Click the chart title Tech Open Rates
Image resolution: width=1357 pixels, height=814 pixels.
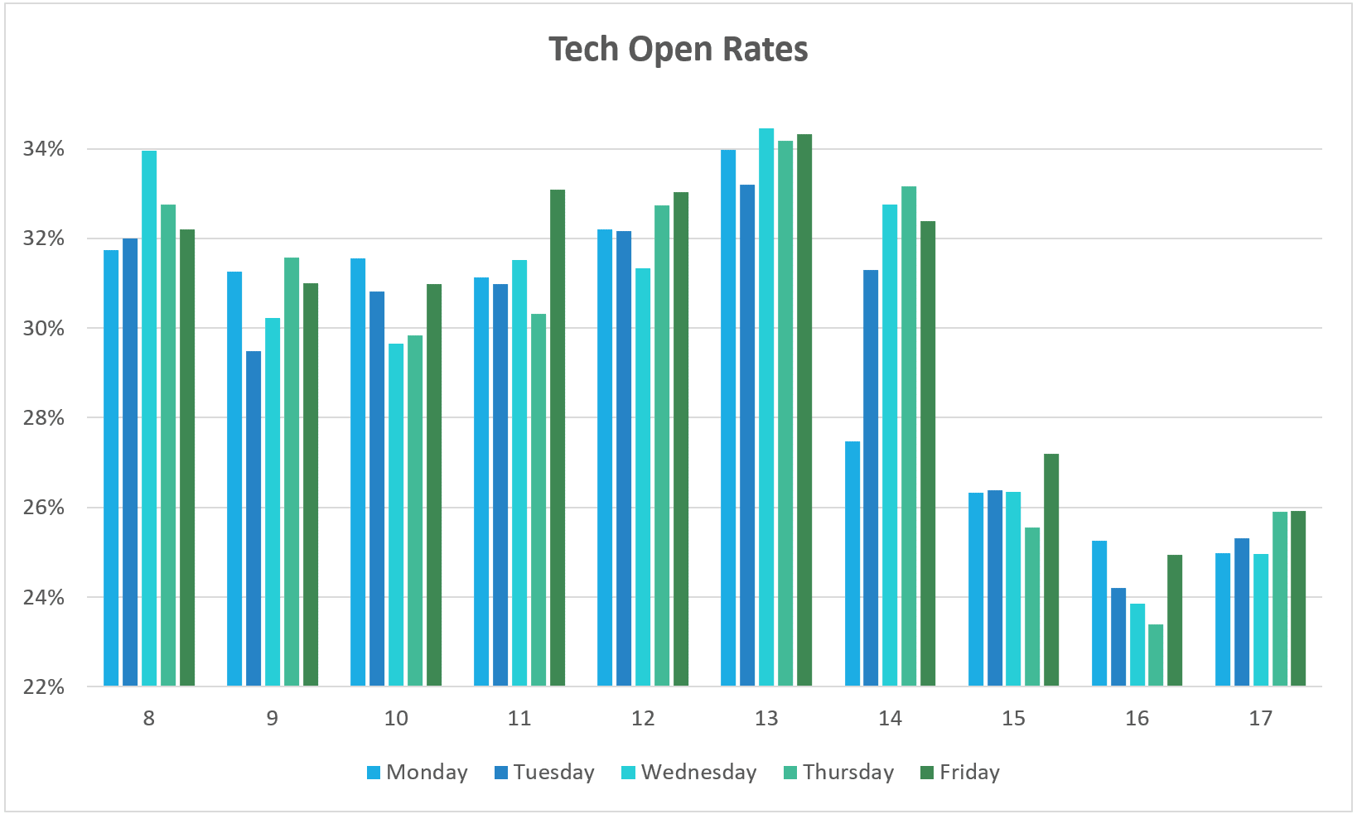(x=678, y=50)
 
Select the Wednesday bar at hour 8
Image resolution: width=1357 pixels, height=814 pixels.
(x=149, y=418)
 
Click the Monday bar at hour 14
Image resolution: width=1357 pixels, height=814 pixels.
(x=852, y=563)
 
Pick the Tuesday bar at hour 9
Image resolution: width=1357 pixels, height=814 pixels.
(x=254, y=518)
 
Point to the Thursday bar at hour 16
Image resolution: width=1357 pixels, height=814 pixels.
(x=1156, y=655)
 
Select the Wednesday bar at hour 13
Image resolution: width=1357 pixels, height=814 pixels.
(x=766, y=407)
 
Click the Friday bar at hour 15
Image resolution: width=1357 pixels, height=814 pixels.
(x=1051, y=570)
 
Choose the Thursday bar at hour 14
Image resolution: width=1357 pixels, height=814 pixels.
(x=909, y=436)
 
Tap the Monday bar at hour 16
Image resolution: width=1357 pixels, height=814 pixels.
(x=1099, y=613)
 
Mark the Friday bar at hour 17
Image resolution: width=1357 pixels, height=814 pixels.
(x=1298, y=598)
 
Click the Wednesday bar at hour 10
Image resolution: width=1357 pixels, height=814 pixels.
(x=396, y=514)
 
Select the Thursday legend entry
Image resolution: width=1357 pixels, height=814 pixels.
(x=838, y=773)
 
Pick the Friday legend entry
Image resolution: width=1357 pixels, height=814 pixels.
(x=960, y=773)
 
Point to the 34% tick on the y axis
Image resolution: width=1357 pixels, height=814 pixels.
(x=44, y=149)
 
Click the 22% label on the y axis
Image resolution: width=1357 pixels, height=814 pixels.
(x=44, y=686)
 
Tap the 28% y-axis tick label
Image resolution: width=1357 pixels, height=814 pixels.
(x=44, y=418)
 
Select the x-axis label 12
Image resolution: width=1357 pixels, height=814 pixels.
(x=643, y=718)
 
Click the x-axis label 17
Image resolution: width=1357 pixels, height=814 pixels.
(x=1260, y=718)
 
